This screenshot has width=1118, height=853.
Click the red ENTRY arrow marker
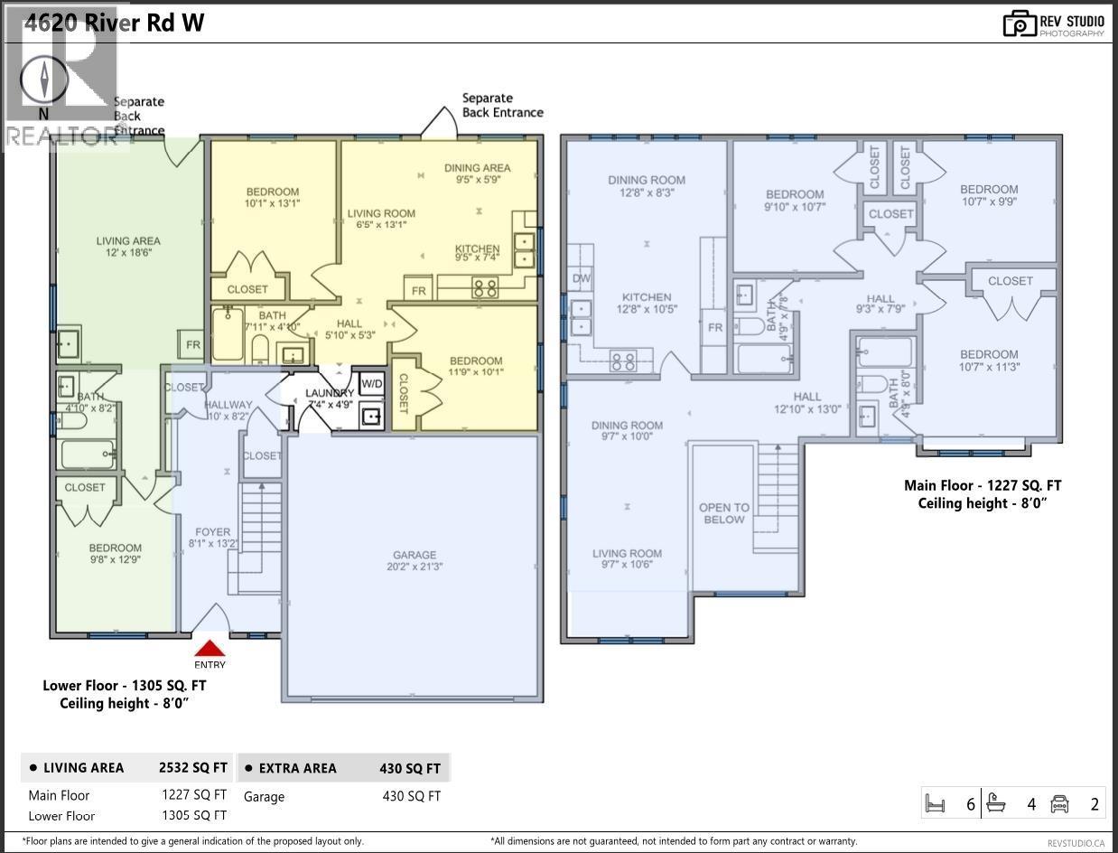tap(210, 649)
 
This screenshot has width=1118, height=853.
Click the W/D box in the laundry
tap(371, 383)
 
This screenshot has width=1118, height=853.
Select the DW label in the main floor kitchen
tap(582, 278)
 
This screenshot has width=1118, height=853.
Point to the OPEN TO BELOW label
tap(724, 513)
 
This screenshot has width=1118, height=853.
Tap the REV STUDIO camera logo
tap(1020, 23)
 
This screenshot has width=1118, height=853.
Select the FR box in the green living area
tap(192, 345)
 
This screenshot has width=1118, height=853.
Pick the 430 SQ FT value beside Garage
tap(411, 796)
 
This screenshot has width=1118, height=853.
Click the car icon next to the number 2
tap(1060, 802)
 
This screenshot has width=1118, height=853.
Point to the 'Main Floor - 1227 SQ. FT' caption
tap(983, 485)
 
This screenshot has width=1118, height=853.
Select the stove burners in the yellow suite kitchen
tap(486, 289)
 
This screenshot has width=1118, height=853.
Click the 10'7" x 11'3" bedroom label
tap(989, 361)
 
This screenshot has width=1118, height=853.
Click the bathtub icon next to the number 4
tap(997, 802)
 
